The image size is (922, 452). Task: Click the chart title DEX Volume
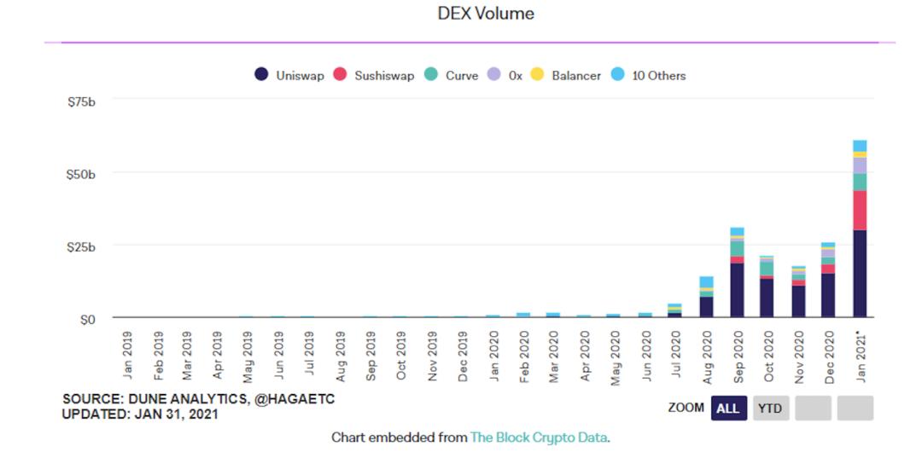(485, 14)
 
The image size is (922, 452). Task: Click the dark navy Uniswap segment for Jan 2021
(860, 273)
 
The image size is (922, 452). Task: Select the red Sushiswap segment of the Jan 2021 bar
(860, 210)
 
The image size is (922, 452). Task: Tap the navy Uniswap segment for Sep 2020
(737, 290)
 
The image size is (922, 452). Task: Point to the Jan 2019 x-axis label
(127, 356)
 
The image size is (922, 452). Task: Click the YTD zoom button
(770, 409)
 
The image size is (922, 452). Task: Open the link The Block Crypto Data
(540, 438)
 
